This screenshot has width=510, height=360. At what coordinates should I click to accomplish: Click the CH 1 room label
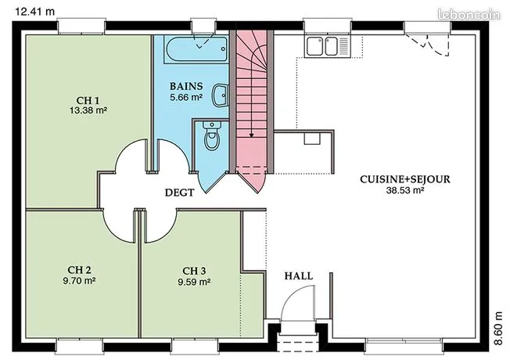(87, 100)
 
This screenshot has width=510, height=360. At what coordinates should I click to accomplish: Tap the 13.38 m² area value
(88, 110)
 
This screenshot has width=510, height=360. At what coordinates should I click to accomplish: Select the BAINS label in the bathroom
(186, 86)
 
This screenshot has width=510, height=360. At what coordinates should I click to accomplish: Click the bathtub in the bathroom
(196, 49)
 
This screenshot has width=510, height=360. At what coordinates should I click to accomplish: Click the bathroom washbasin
(221, 95)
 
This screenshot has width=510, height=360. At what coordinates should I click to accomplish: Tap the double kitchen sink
(327, 46)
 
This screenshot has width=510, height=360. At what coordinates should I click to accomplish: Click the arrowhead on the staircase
(251, 135)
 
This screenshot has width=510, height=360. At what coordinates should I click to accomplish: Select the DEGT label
(180, 193)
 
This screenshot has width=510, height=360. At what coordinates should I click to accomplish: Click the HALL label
(299, 276)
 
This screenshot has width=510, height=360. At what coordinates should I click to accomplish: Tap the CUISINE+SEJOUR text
(405, 179)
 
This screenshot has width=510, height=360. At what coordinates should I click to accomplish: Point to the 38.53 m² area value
(405, 190)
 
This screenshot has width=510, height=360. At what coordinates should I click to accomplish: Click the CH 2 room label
(79, 270)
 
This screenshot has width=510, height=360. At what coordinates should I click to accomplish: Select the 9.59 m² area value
(194, 282)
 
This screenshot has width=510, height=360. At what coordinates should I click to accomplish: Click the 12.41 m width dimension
(35, 12)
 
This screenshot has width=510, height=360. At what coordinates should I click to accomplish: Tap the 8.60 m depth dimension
(498, 328)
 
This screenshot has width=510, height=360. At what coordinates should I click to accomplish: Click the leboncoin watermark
(469, 15)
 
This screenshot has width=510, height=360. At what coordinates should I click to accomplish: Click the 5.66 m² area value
(186, 97)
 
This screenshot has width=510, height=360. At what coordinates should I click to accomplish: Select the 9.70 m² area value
(79, 281)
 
